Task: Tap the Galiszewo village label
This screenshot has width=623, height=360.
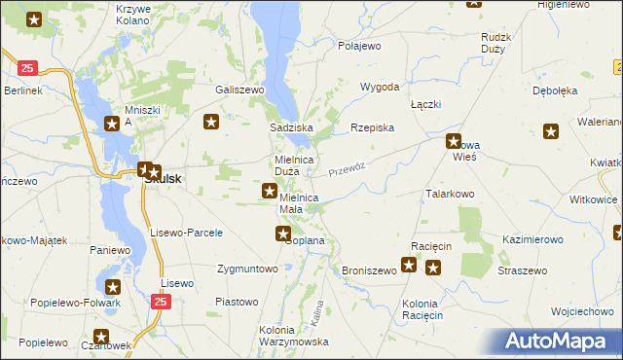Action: (240, 90)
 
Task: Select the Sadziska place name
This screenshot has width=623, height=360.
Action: (290, 127)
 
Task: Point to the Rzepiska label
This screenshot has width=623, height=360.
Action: (372, 127)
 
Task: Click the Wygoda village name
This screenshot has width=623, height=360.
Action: (381, 87)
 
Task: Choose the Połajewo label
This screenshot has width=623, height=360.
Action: (359, 46)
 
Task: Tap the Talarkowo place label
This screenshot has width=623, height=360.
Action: (449, 195)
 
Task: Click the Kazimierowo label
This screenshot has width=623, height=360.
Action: (533, 238)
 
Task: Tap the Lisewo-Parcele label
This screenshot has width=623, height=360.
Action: (187, 234)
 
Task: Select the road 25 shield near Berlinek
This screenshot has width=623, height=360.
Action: (27, 68)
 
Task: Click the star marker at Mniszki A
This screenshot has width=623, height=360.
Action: (113, 124)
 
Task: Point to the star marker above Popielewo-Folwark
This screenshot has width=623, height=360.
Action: (113, 287)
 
